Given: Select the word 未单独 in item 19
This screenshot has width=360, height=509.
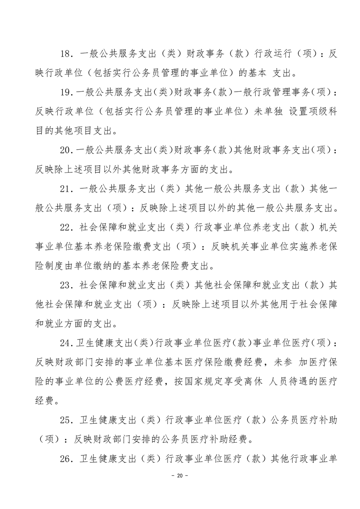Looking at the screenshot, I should pyautogui.click(x=255, y=111).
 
